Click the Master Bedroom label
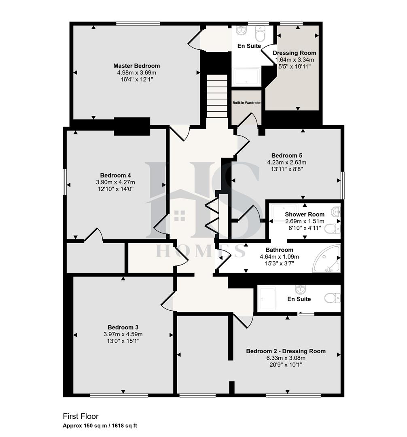[136, 66]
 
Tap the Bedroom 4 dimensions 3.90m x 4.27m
[116, 182]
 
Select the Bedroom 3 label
[123, 327]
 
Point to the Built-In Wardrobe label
[246, 103]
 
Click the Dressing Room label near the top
[295, 53]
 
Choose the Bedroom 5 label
[286, 155]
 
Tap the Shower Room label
[305, 214]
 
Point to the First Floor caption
[81, 416]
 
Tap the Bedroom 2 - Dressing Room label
[286, 351]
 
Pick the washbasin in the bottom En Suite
[300, 290]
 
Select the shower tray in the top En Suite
[246, 77]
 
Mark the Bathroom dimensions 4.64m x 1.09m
[279, 257]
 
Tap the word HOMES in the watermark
[201, 251]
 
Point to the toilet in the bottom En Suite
[332, 299]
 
